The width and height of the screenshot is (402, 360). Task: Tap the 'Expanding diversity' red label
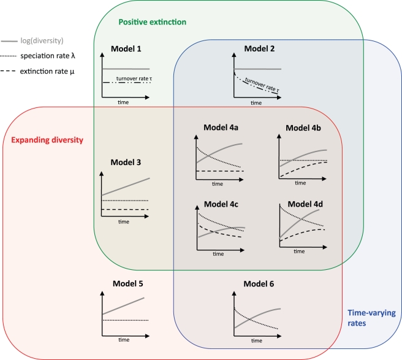(x=48, y=140)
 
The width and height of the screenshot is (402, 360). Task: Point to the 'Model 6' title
(x=259, y=284)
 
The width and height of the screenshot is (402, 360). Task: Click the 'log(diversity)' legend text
(x=43, y=40)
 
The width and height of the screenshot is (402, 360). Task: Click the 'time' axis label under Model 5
(x=123, y=339)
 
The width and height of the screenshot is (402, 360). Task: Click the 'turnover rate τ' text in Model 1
(x=131, y=79)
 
